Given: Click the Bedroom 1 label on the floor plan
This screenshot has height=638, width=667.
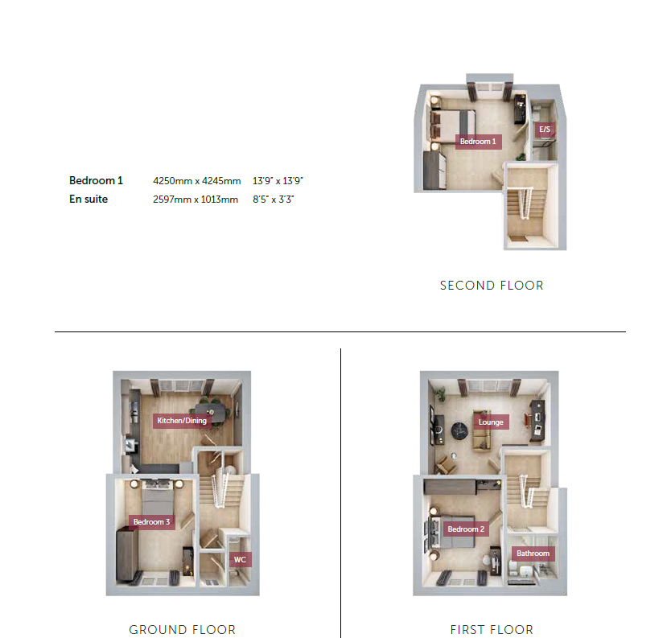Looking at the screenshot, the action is [x=478, y=142].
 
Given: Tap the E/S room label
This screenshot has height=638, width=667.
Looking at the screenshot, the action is [x=545, y=130].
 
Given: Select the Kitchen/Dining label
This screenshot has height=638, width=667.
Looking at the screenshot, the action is [x=182, y=421].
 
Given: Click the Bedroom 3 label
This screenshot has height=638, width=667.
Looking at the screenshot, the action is [x=151, y=522].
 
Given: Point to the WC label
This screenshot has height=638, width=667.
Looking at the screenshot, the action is [x=240, y=560].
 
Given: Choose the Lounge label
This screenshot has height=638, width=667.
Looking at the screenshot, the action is [x=491, y=422].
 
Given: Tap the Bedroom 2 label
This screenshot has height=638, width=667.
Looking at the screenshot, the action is [x=466, y=529].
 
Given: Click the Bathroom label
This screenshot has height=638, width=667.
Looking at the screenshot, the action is [x=533, y=554].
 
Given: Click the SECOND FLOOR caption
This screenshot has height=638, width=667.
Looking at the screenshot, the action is [x=492, y=286].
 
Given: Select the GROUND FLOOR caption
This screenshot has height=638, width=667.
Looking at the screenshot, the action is [x=182, y=629].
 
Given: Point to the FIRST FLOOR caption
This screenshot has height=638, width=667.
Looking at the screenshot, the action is [x=492, y=629].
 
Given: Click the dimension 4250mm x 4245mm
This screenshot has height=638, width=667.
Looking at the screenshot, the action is [x=197, y=181].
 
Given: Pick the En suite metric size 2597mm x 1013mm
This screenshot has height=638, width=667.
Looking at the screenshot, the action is [x=196, y=200].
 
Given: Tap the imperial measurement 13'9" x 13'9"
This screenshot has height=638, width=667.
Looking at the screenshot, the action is [x=278, y=181].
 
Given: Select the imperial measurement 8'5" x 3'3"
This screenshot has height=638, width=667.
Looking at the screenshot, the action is [x=273, y=200].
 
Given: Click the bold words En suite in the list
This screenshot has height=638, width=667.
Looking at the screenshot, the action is [x=89, y=199].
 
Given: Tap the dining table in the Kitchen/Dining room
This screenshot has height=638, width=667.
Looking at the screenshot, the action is [x=211, y=413].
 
